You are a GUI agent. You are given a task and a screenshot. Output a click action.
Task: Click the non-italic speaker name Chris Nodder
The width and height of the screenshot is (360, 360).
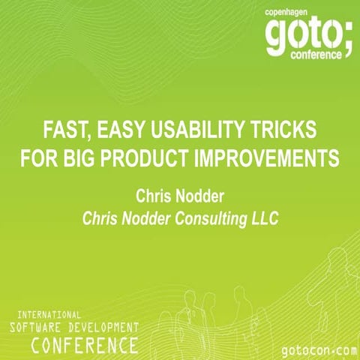pos(180,196)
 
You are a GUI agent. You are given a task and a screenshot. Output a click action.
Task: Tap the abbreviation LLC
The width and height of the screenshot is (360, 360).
pos(277,218)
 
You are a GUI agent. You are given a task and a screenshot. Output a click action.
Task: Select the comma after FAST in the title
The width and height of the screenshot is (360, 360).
pos(92,136)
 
